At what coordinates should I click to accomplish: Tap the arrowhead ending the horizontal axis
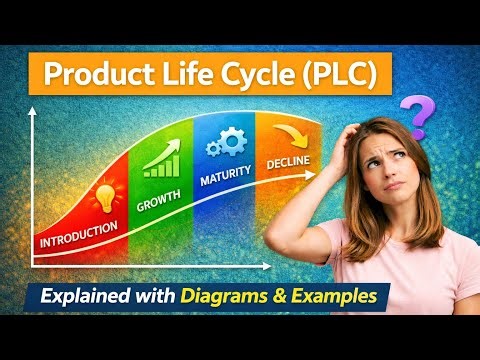point(266,268)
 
